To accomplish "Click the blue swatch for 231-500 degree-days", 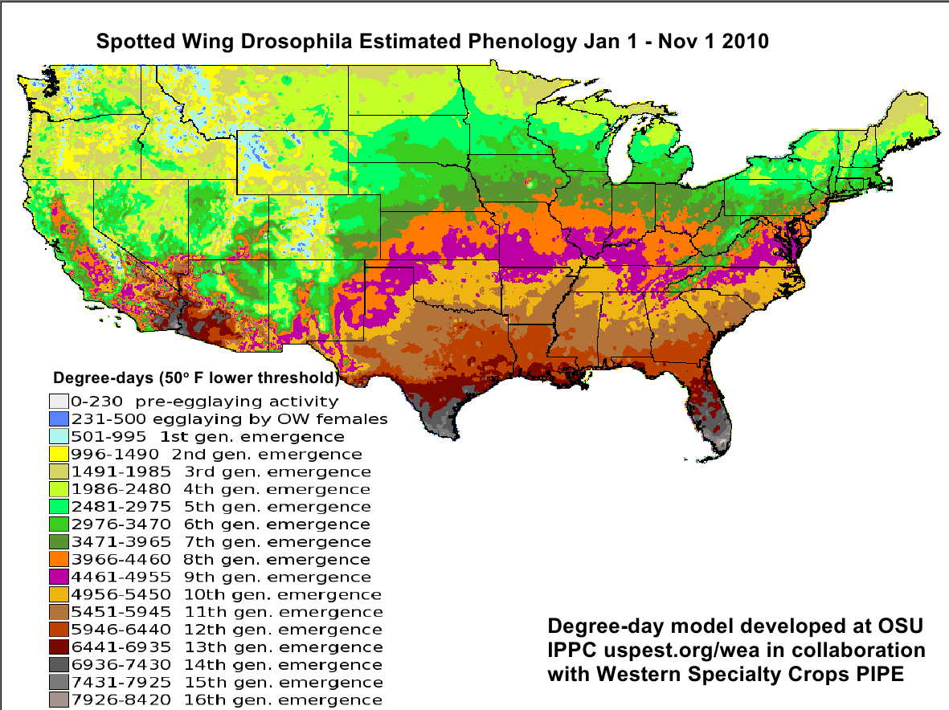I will coord(57,418).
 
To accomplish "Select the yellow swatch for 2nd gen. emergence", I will coord(57,454).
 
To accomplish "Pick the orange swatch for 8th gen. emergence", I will coord(57,559).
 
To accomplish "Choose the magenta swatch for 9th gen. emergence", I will coord(57,577).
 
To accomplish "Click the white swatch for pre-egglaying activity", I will coord(57,401).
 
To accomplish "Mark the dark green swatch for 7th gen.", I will coord(57,541).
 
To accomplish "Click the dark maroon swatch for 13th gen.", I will coord(57,647).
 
